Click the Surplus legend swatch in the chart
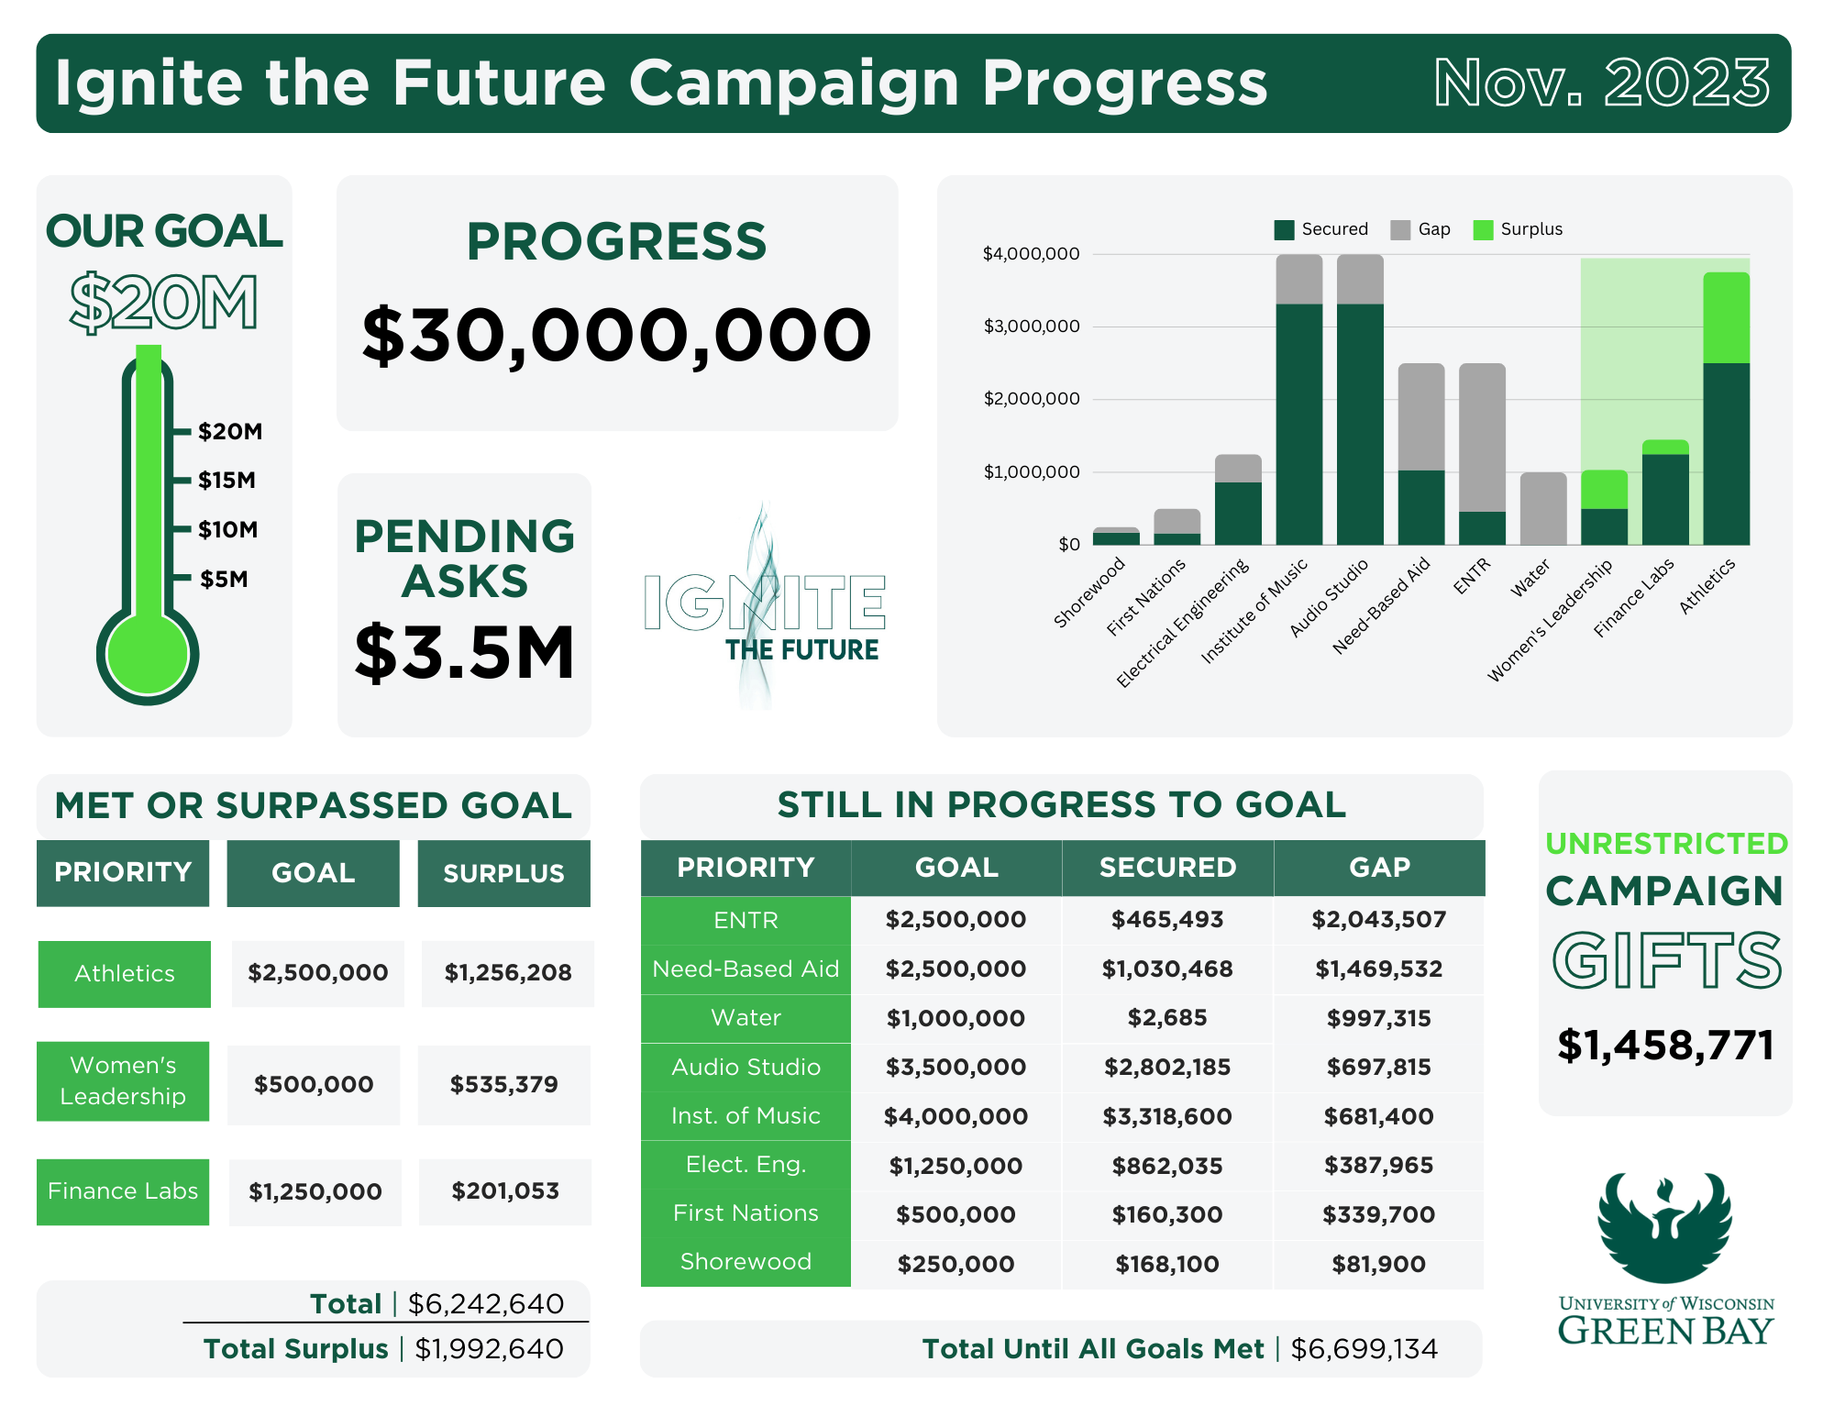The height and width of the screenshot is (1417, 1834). tap(1483, 229)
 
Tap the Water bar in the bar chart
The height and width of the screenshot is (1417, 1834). tap(1543, 509)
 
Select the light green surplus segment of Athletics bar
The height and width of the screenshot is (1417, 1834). tap(1726, 317)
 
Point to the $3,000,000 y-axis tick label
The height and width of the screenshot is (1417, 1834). tap(1031, 327)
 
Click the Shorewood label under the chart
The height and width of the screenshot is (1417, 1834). tap(1089, 592)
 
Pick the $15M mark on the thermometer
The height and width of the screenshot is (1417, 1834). tap(226, 481)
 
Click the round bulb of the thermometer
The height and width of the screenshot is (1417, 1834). tap(148, 655)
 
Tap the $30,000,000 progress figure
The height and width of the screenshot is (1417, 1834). tap(616, 336)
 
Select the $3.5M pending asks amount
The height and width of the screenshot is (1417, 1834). tap(465, 653)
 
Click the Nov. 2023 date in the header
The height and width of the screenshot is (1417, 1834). tap(1601, 83)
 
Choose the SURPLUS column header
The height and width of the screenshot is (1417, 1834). tap(503, 873)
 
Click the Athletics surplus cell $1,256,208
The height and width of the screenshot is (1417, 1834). tap(508, 973)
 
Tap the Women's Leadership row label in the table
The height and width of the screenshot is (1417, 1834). tap(123, 1080)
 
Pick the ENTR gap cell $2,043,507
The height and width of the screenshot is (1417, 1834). tap(1378, 920)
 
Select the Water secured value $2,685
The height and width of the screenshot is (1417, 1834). tap(1167, 1018)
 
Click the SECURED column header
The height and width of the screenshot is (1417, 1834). tap(1167, 868)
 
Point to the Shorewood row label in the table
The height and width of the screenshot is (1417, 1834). tap(746, 1262)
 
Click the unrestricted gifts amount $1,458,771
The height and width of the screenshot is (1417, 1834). tap(1665, 1046)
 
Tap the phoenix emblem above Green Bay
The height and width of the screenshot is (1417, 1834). tap(1665, 1226)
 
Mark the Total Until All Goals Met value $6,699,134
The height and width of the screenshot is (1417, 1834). tap(1364, 1349)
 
